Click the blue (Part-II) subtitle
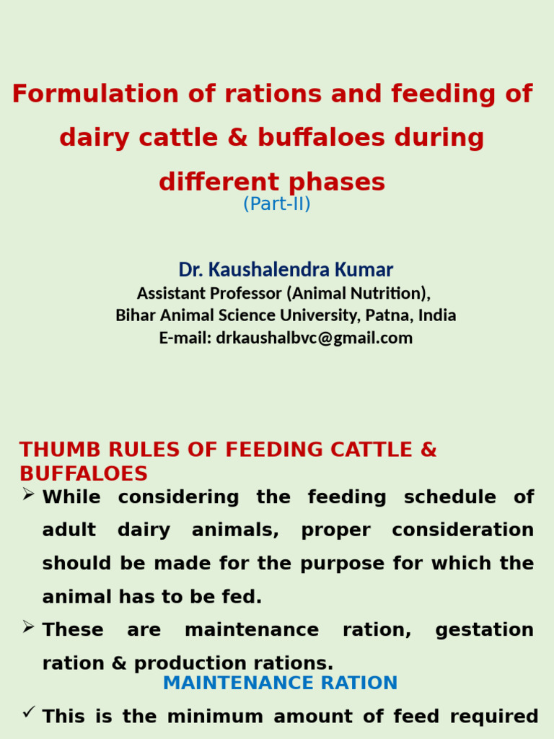click(x=277, y=204)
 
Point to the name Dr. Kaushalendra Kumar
click(x=286, y=270)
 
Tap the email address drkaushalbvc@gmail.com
click(x=314, y=338)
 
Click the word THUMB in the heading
click(x=53, y=450)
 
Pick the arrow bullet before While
click(x=29, y=494)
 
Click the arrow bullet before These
click(x=29, y=627)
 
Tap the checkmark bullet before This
click(x=29, y=713)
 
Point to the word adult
click(x=69, y=530)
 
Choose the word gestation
click(x=484, y=630)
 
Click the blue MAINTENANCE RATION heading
click(x=280, y=683)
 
